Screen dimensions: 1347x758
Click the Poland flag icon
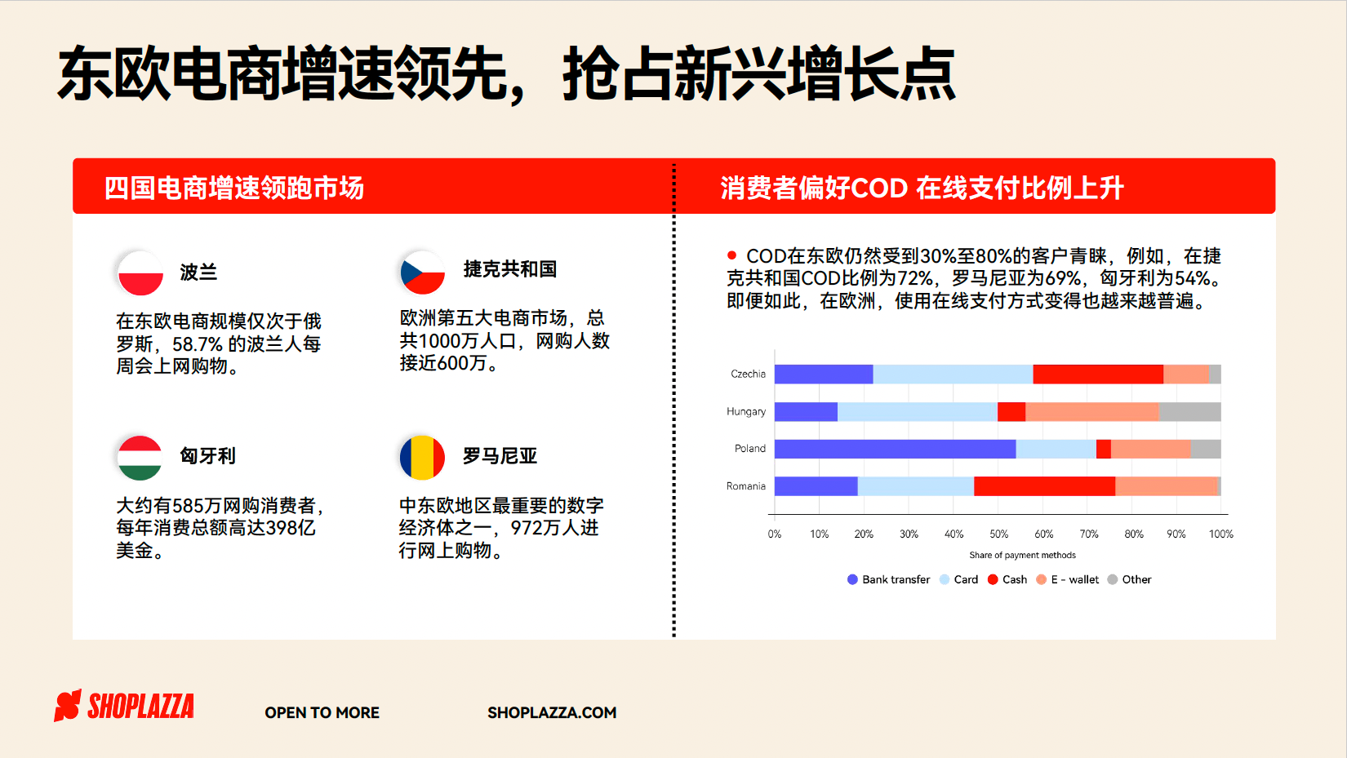coord(140,273)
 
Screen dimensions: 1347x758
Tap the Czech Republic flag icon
coord(422,273)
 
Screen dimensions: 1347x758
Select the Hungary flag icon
coord(140,458)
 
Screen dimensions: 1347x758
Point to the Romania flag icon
coord(422,458)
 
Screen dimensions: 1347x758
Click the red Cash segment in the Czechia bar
coord(1098,374)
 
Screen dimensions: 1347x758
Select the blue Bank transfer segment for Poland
coord(896,449)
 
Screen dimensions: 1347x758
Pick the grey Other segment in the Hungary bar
coord(1189,412)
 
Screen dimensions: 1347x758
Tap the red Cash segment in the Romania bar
coord(1044,486)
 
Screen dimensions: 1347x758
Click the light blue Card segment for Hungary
coord(918,412)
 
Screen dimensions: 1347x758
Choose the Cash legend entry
coord(1007,579)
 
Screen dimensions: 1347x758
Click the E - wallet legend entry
coord(1067,579)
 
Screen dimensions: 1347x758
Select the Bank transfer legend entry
coord(888,579)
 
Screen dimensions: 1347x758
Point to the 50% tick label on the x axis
coord(999,534)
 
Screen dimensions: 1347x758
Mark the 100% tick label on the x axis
coord(1220,534)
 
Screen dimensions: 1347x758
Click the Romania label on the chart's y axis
coord(745,486)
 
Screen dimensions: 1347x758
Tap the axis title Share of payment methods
coord(1022,555)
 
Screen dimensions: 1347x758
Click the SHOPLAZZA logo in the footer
coord(124,706)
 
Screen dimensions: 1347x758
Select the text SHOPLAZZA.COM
coord(552,713)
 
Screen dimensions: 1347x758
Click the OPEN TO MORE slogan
coord(322,713)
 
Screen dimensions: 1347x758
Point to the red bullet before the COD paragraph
coord(731,255)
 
